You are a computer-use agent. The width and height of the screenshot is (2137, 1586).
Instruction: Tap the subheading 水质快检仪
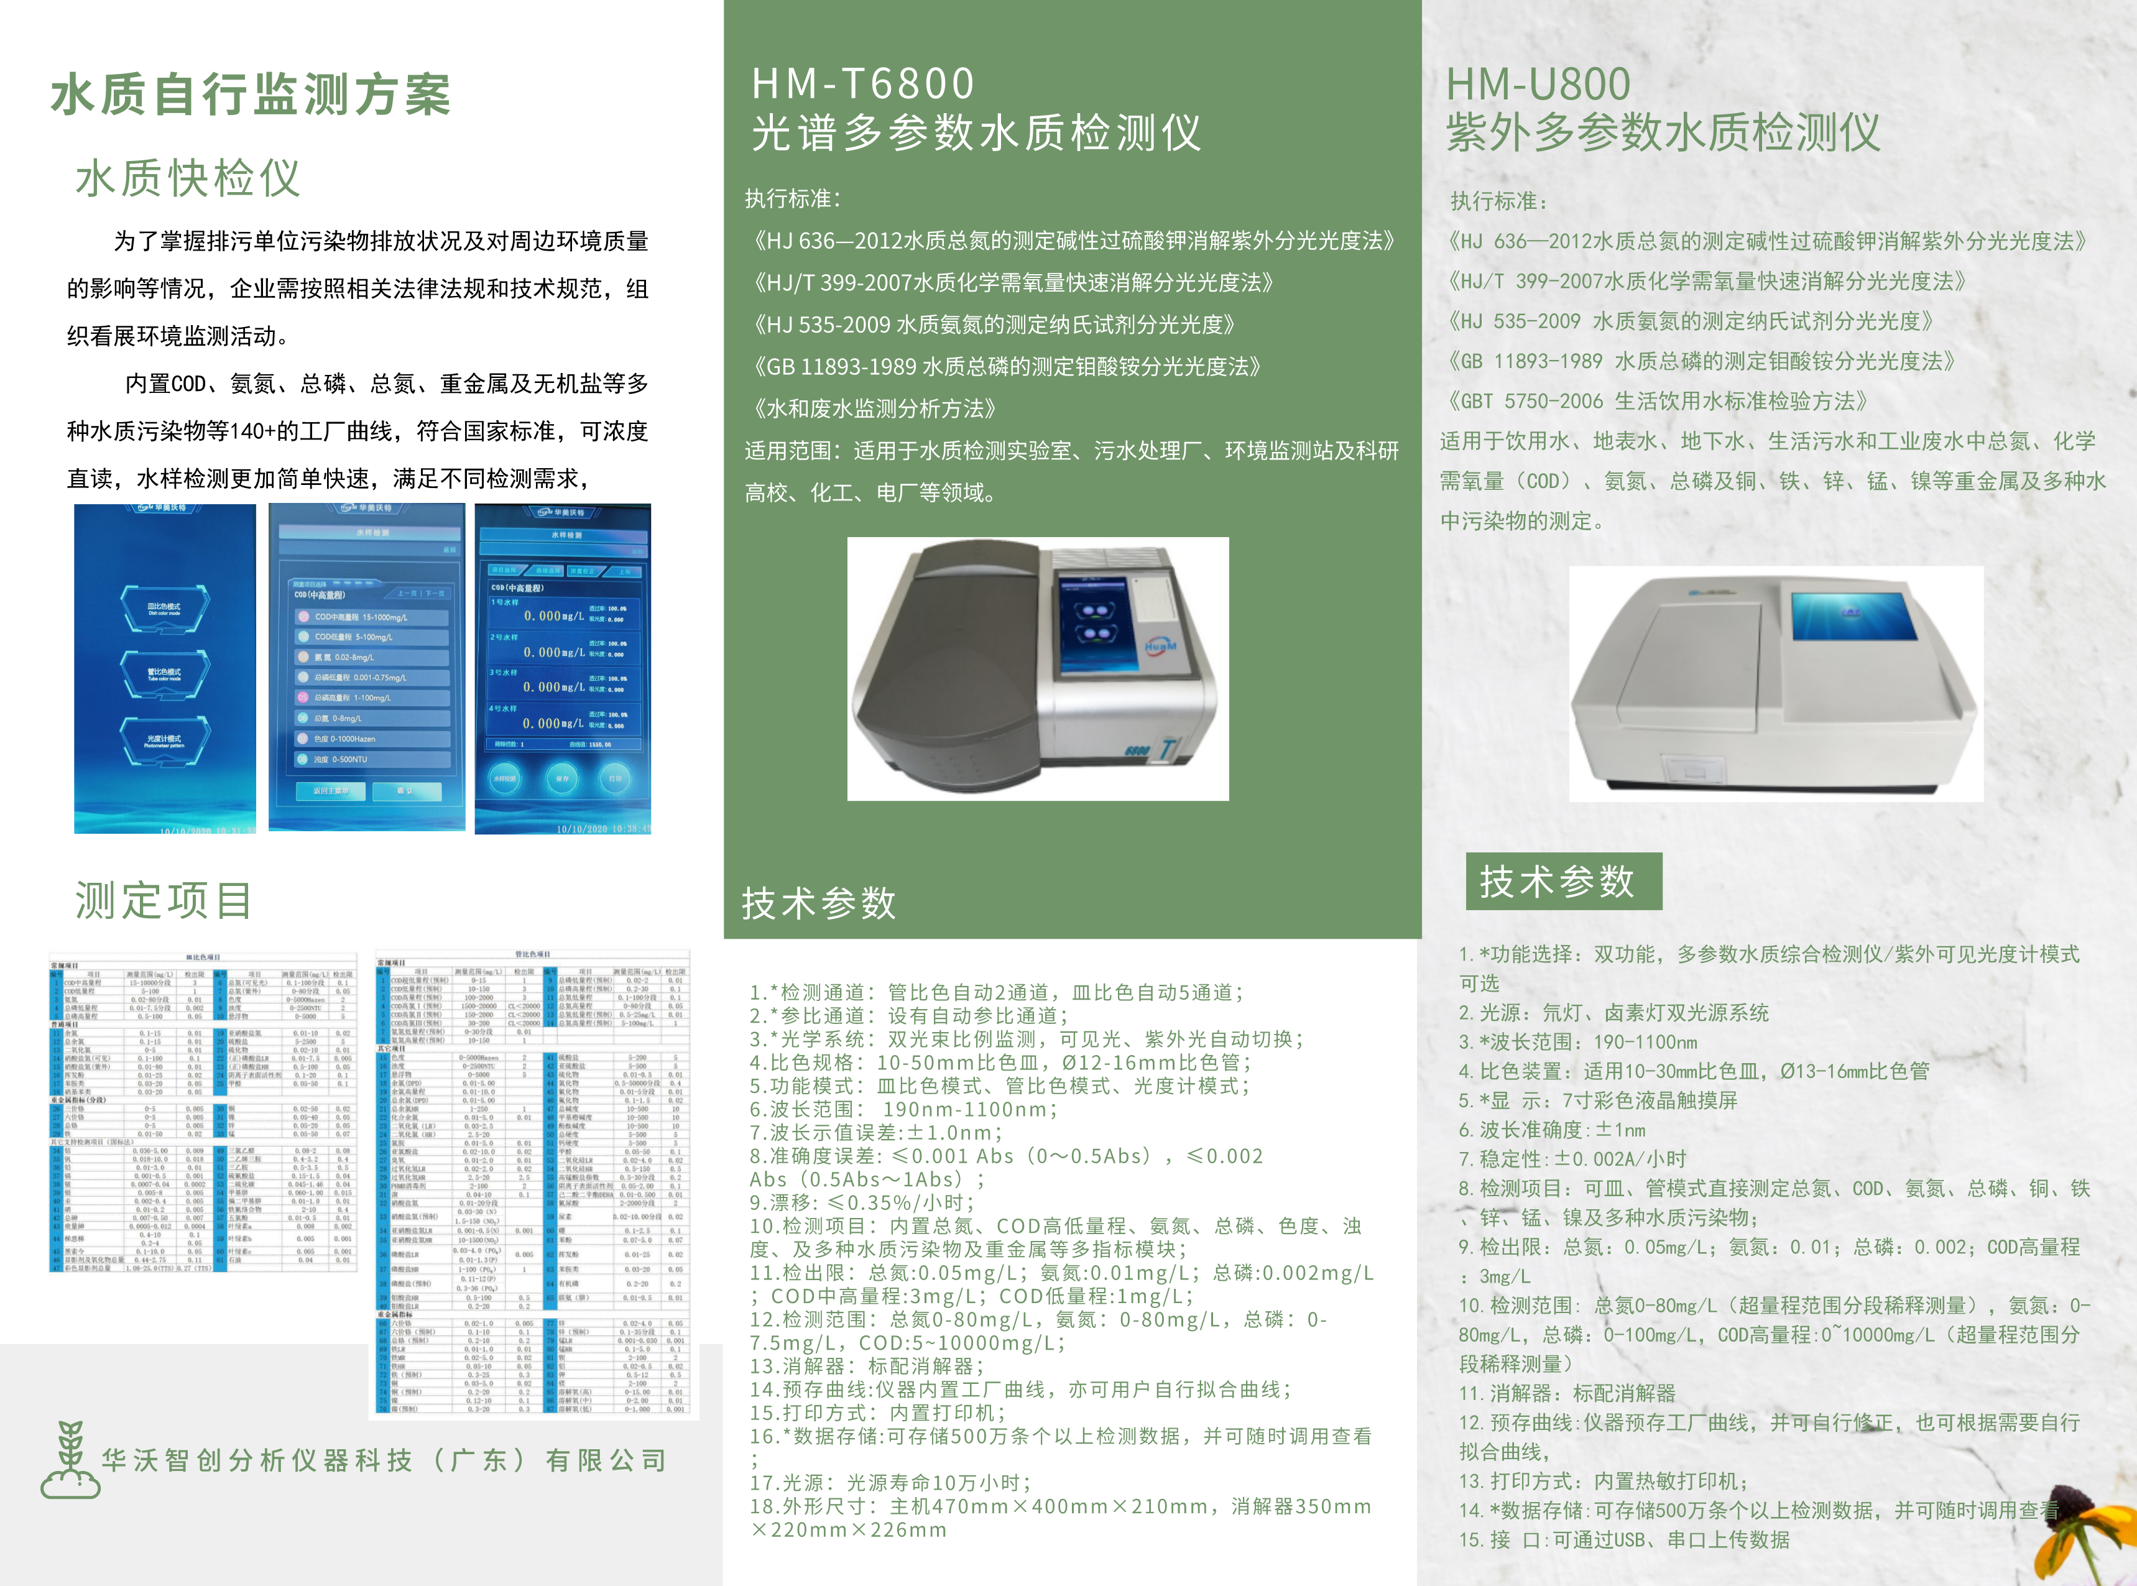click(188, 178)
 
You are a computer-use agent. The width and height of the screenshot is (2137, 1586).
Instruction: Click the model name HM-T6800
click(862, 83)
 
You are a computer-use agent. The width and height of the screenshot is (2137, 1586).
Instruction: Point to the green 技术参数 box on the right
click(1563, 880)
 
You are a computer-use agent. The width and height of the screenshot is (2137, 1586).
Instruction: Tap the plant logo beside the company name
click(70, 1459)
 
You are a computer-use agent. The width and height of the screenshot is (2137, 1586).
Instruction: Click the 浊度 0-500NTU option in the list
click(369, 759)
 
